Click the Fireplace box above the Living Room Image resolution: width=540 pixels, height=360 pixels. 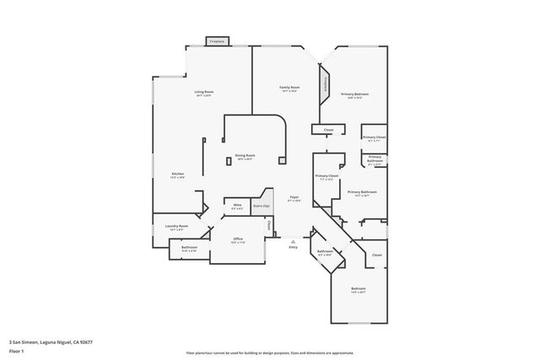[x=217, y=40]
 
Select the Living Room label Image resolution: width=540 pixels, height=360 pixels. [x=203, y=91]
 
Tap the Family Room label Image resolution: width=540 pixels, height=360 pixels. [x=290, y=87]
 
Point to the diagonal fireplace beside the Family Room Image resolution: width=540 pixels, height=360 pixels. [x=324, y=85]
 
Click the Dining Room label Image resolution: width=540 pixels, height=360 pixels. [x=245, y=157]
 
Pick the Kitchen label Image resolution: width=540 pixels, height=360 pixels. [x=177, y=174]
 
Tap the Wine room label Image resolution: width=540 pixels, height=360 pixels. [x=237, y=206]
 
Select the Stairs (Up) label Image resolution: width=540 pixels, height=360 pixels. [x=262, y=205]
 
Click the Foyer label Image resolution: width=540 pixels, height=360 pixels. [x=294, y=196]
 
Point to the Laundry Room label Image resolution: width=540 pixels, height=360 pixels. [x=176, y=226]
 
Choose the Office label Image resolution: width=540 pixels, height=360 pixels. [x=238, y=239]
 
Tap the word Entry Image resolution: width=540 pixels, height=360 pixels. [x=293, y=247]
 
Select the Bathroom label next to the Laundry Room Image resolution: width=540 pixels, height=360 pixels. [x=189, y=247]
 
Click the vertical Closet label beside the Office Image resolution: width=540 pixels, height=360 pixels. [x=269, y=225]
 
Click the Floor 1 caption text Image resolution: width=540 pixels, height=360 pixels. [x=17, y=351]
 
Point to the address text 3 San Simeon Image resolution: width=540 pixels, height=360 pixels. [x=48, y=341]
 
